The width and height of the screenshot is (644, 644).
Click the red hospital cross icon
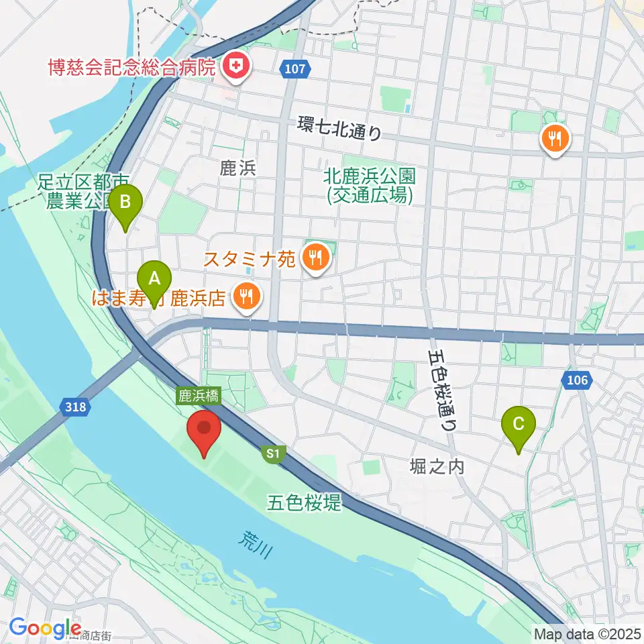[x=236, y=66]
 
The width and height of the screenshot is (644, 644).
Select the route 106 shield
[x=576, y=381]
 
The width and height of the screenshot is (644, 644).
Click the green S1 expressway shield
[x=272, y=454]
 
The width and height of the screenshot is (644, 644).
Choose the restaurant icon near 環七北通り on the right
[x=555, y=140]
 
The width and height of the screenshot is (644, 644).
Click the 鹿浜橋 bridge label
[x=199, y=396]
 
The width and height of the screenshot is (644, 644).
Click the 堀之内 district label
[x=437, y=466]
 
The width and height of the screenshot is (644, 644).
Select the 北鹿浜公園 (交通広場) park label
[x=370, y=185]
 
